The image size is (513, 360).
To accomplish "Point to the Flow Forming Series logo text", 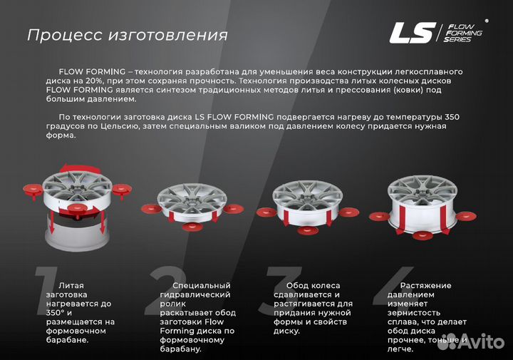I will pos(463,33).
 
